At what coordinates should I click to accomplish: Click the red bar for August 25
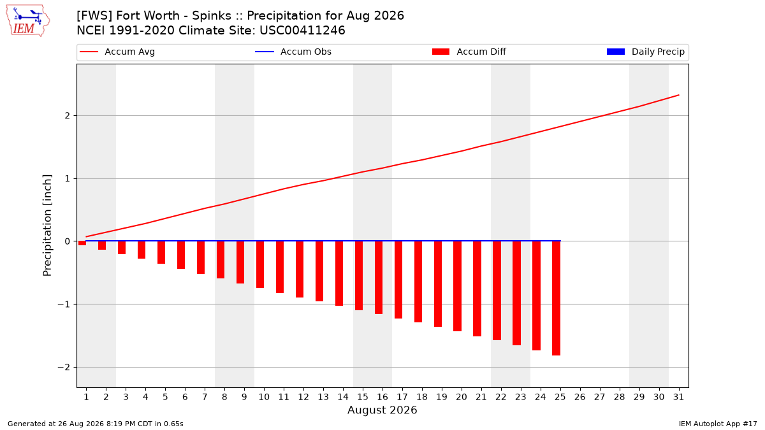click(556, 298)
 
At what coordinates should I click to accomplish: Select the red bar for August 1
click(82, 243)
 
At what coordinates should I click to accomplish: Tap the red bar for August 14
click(339, 273)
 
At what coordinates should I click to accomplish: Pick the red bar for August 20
click(457, 286)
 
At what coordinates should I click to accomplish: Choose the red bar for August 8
click(221, 260)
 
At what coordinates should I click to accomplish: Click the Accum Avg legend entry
click(117, 52)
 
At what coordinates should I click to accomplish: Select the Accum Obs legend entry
click(293, 52)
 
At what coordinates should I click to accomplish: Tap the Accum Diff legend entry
click(469, 52)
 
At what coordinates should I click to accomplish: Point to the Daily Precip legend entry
click(645, 52)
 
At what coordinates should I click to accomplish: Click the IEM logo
click(27, 21)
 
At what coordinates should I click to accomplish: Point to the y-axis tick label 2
click(68, 116)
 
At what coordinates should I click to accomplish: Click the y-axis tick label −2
click(64, 367)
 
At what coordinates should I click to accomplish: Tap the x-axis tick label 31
click(678, 397)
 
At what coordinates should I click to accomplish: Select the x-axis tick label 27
click(600, 397)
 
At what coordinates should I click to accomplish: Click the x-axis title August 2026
click(382, 410)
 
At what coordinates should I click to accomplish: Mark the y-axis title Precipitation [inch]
click(47, 226)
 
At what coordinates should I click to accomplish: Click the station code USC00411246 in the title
click(302, 31)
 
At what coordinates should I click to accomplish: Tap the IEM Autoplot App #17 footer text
click(718, 424)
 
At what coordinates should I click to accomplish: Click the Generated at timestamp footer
click(95, 424)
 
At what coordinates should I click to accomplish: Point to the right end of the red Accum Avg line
click(678, 95)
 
